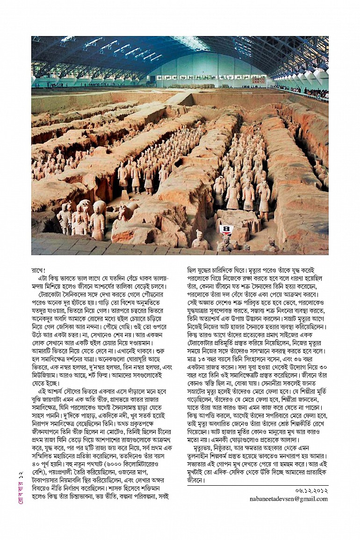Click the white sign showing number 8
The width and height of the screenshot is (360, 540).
tap(226, 229)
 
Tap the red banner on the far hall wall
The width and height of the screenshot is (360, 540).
tap(258, 80)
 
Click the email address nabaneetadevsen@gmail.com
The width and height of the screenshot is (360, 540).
tap(288, 499)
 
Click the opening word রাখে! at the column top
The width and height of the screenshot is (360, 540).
tap(38, 270)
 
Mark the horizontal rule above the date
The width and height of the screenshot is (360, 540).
tap(258, 485)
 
